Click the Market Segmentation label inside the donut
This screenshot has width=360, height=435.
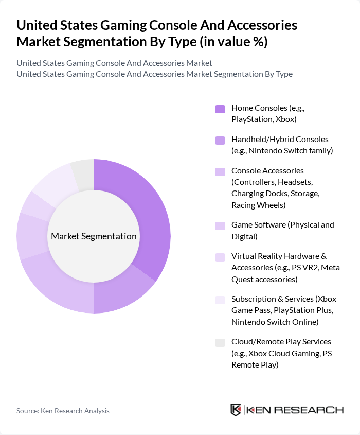(x=94, y=236)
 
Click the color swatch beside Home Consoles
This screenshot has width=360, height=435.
(x=220, y=109)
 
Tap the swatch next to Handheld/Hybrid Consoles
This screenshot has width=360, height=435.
(x=220, y=140)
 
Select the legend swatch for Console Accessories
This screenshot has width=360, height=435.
(x=220, y=171)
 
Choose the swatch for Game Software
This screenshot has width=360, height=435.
(x=220, y=225)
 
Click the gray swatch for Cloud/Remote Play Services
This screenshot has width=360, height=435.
(x=220, y=342)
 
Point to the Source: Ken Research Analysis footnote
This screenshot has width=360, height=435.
(x=63, y=411)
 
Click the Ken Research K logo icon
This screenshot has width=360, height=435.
(x=236, y=410)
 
